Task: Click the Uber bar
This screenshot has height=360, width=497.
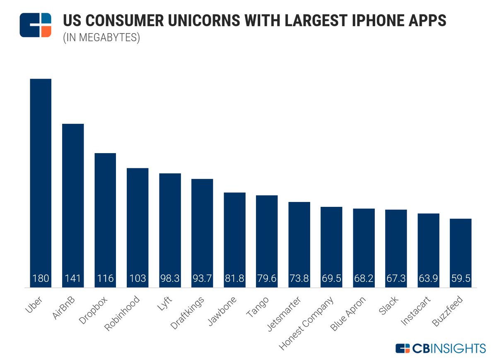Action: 41,182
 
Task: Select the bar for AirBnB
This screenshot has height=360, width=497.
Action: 73,205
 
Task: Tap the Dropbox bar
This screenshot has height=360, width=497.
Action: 105,219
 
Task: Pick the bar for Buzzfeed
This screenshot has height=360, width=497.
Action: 461,252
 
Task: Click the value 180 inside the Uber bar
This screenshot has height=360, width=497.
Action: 41,278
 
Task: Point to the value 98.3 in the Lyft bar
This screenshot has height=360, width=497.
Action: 170,278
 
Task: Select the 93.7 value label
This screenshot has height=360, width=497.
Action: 202,278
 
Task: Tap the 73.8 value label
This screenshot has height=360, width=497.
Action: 299,278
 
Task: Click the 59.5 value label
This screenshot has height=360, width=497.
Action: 461,278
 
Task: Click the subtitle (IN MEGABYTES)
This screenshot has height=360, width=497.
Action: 101,38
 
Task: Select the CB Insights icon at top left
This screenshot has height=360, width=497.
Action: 35,25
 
